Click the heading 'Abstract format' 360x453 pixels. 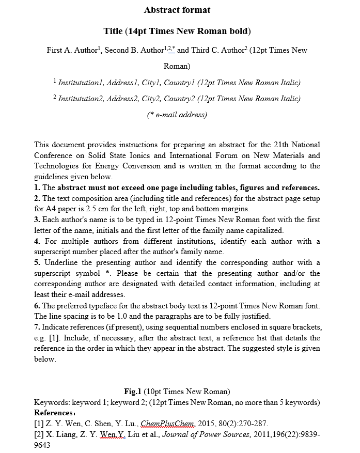click(177, 10)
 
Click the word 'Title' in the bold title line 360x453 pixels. click(113, 31)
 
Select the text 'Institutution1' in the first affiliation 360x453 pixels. click(81, 83)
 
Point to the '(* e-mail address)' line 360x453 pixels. click(177, 115)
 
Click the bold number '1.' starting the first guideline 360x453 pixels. click(37, 188)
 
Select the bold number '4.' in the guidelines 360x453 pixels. click(37, 241)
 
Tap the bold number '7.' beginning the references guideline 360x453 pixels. click(37, 327)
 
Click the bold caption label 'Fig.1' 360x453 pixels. click(133, 392)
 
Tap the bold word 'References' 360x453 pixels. click(54, 413)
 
